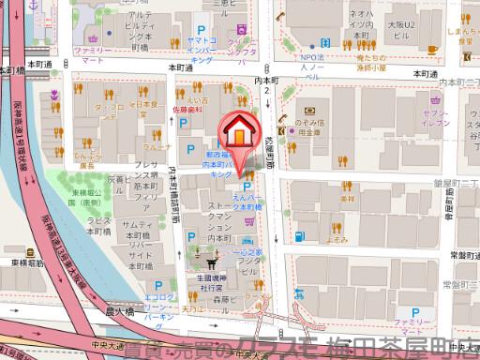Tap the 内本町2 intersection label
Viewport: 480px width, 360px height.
tap(268, 88)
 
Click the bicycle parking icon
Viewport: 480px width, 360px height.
tap(249, 222)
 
